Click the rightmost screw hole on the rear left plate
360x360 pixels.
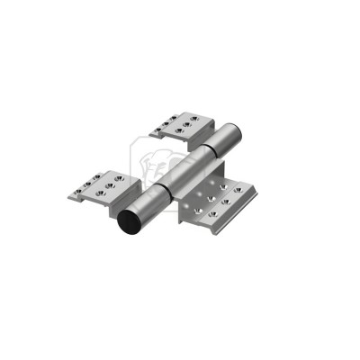(x=201, y=115)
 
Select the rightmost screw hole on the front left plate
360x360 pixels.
(x=118, y=178)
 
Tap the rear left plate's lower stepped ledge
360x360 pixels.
(x=160, y=133)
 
